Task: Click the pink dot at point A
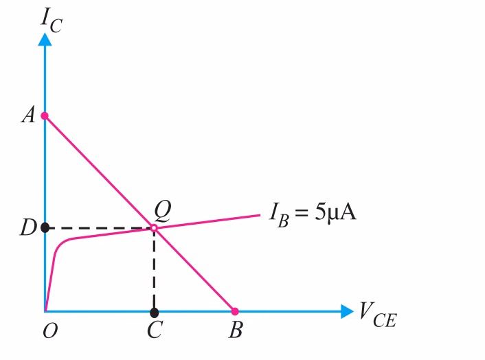coord(45,115)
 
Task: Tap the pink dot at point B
coord(234,311)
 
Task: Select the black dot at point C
coord(154,313)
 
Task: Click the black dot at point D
coord(45,227)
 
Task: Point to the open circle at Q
coord(154,227)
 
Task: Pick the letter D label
coord(27,227)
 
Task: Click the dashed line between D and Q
coord(100,227)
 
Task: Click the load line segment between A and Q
coord(100,171)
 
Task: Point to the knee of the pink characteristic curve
coord(60,244)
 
